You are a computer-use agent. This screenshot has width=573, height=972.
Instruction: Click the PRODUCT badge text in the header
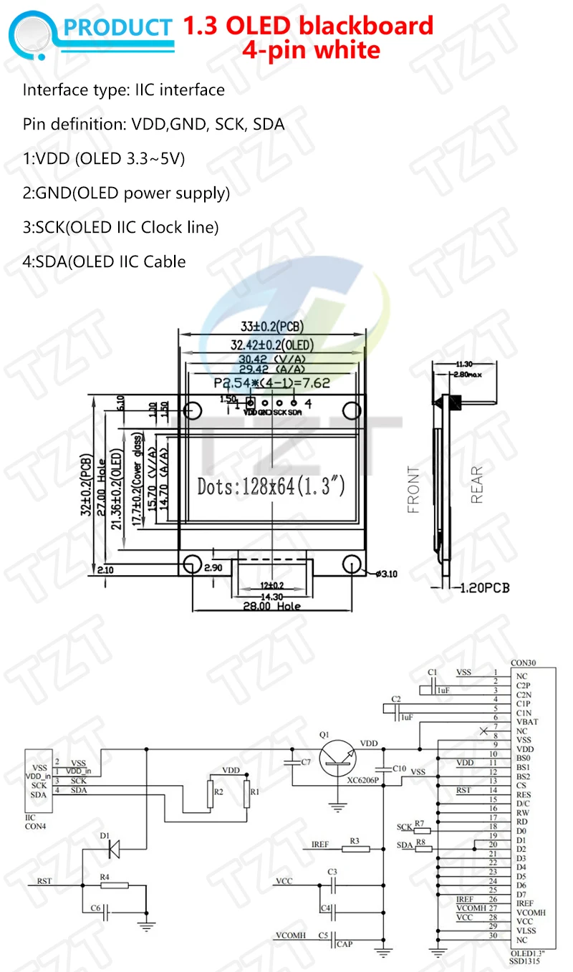pyautogui.click(x=119, y=27)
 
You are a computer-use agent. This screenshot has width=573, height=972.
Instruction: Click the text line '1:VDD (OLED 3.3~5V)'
pyautogui.click(x=104, y=159)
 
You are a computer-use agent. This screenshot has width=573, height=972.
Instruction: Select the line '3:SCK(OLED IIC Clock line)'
pyautogui.click(x=120, y=227)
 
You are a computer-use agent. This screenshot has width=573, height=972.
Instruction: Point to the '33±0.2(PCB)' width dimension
pyautogui.click(x=271, y=326)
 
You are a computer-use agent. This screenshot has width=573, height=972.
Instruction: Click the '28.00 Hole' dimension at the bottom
pyautogui.click(x=271, y=606)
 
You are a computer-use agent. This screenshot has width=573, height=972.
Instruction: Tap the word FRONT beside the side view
pyautogui.click(x=414, y=490)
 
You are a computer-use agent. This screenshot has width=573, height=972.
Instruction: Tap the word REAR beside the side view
pyautogui.click(x=478, y=485)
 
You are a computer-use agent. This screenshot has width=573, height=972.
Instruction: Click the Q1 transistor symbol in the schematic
pyautogui.click(x=337, y=759)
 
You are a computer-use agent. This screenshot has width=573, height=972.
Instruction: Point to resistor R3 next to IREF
pyautogui.click(x=355, y=849)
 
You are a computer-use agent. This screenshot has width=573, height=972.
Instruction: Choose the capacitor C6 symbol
pyautogui.click(x=106, y=912)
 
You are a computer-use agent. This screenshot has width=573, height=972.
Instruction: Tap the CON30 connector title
pyautogui.click(x=524, y=664)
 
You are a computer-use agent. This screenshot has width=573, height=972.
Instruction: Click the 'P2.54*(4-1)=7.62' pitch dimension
pyautogui.click(x=271, y=383)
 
